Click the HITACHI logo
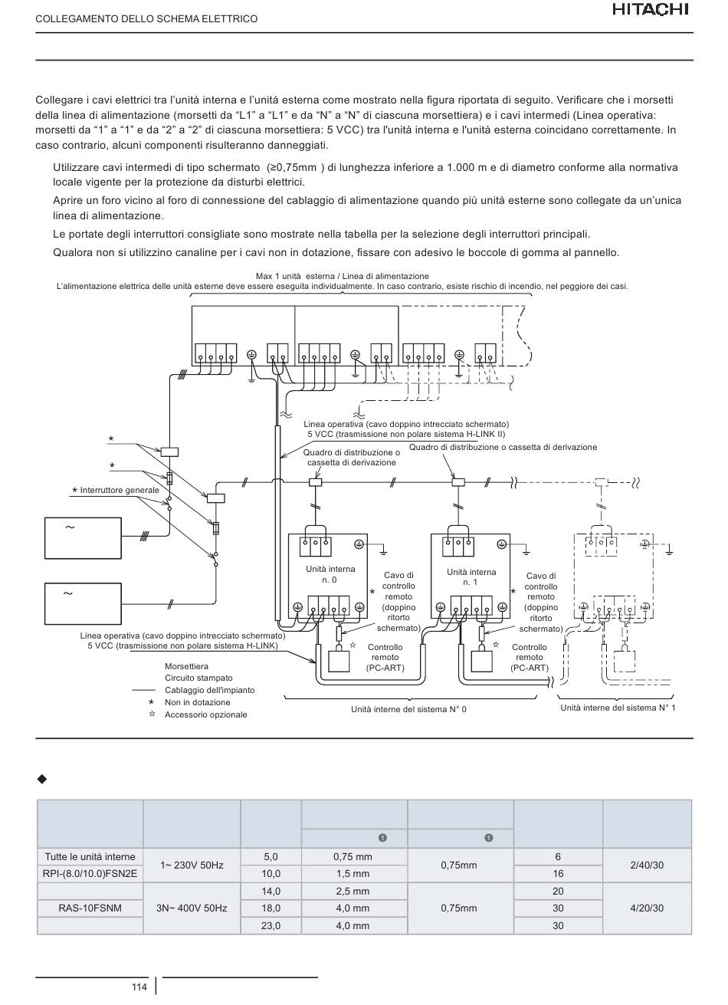[651, 10]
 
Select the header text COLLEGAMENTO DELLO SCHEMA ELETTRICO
[146, 19]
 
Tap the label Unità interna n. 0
[330, 574]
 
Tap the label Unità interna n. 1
[471, 577]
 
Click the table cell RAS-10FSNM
[90, 908]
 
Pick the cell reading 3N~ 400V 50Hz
[192, 908]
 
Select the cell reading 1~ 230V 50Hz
[192, 865]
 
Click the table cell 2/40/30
[647, 865]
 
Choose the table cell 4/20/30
[647, 908]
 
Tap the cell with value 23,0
[271, 925]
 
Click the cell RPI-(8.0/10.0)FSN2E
[90, 874]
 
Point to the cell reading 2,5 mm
[353, 891]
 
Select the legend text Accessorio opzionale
[206, 714]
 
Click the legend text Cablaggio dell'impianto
[209, 690]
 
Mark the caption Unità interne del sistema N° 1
[618, 708]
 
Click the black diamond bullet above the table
[42, 780]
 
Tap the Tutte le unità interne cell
[90, 856]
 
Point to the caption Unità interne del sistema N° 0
[408, 709]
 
